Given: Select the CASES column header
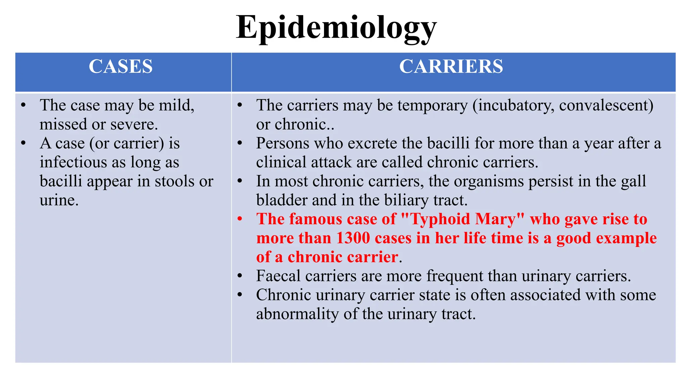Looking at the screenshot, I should [x=121, y=66].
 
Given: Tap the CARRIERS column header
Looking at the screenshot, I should [x=451, y=66].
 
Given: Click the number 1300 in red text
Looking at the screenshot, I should [x=353, y=238].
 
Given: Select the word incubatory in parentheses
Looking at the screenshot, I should [x=513, y=106].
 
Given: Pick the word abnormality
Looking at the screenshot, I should [x=297, y=314].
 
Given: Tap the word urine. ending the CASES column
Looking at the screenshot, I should [x=59, y=200].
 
